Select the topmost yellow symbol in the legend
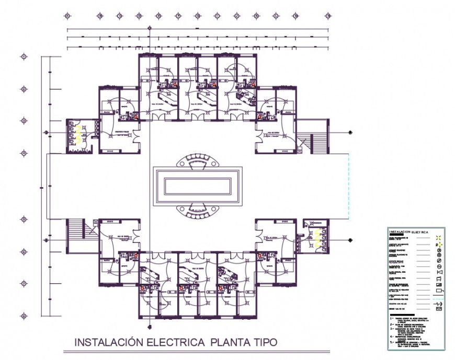pyautogui.click(x=439, y=238)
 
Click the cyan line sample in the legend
pyautogui.click(x=439, y=296)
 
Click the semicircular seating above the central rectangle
pyautogui.click(x=197, y=160)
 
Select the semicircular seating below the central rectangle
pyautogui.click(x=197, y=208)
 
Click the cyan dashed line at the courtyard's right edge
pyautogui.click(x=348, y=185)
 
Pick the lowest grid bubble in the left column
pyautogui.click(x=24, y=316)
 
